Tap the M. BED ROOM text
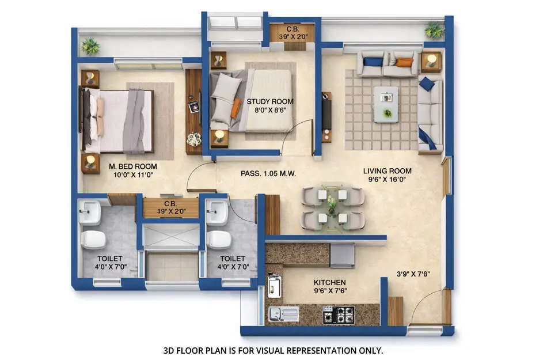click(x=133, y=166)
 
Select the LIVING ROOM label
click(x=387, y=170)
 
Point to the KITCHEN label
click(x=329, y=282)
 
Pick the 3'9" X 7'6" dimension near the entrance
click(x=413, y=274)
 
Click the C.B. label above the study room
click(x=292, y=29)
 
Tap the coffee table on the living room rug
click(x=386, y=104)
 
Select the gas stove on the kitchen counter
click(x=339, y=315)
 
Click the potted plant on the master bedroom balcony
click(x=90, y=46)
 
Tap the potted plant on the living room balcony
click(x=434, y=29)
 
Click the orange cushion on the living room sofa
click(x=405, y=62)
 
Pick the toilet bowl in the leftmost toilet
click(x=93, y=239)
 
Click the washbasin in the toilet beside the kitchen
click(x=216, y=212)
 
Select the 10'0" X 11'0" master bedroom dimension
click(x=133, y=175)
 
